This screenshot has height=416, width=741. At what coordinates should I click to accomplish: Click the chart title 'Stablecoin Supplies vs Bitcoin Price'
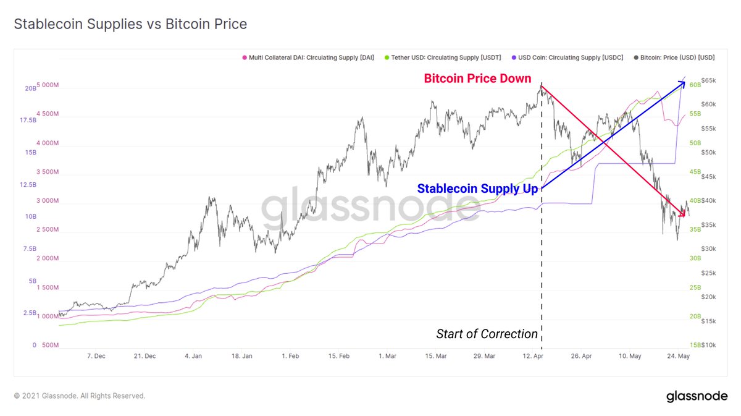point(130,25)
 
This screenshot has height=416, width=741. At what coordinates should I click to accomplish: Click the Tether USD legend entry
point(444,57)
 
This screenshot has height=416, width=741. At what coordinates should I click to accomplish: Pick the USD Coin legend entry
point(567,57)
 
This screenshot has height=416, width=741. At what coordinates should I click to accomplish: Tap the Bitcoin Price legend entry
point(674,57)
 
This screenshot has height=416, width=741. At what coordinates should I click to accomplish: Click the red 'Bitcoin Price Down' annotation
point(477,79)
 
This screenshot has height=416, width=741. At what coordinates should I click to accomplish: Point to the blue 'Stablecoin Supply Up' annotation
point(477,189)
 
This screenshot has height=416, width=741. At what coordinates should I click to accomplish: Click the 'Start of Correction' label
point(487,334)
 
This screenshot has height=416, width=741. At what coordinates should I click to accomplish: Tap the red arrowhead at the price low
point(682,214)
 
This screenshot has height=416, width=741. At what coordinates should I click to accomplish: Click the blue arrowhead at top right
point(682,79)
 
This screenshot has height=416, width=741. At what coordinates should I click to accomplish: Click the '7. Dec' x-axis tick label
point(96,356)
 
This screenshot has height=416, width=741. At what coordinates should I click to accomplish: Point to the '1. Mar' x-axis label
point(387,356)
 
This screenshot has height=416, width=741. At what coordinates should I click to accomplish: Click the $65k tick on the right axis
point(707,80)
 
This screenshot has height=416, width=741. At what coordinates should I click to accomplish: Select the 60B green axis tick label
point(695,85)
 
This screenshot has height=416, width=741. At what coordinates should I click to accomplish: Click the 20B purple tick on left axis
point(30,88)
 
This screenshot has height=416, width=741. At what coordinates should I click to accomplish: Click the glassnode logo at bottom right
point(697,396)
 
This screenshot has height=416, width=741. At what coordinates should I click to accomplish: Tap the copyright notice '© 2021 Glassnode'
point(80,396)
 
